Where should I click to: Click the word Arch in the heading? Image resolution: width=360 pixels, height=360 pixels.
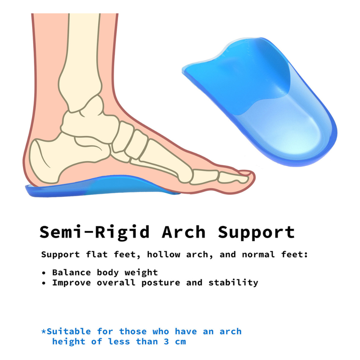pyautogui.click(x=184, y=232)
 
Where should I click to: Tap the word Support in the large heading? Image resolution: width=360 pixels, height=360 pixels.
pyautogui.click(x=256, y=232)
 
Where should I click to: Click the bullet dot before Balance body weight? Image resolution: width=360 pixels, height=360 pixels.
pyautogui.click(x=44, y=273)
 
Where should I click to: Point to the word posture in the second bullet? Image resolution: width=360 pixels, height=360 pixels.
pyautogui.click(x=159, y=283)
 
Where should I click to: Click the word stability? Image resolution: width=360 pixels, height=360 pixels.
pyautogui.click(x=233, y=283)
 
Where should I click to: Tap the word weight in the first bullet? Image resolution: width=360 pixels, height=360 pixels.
pyautogui.click(x=141, y=273)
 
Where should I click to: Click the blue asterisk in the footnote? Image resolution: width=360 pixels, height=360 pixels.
pyautogui.click(x=44, y=331)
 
